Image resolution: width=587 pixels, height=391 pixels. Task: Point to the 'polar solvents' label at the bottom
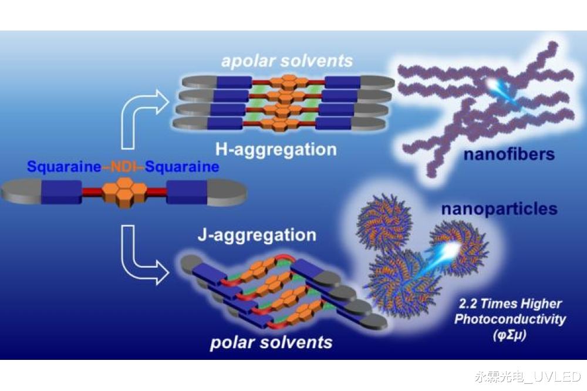point(271,342)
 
